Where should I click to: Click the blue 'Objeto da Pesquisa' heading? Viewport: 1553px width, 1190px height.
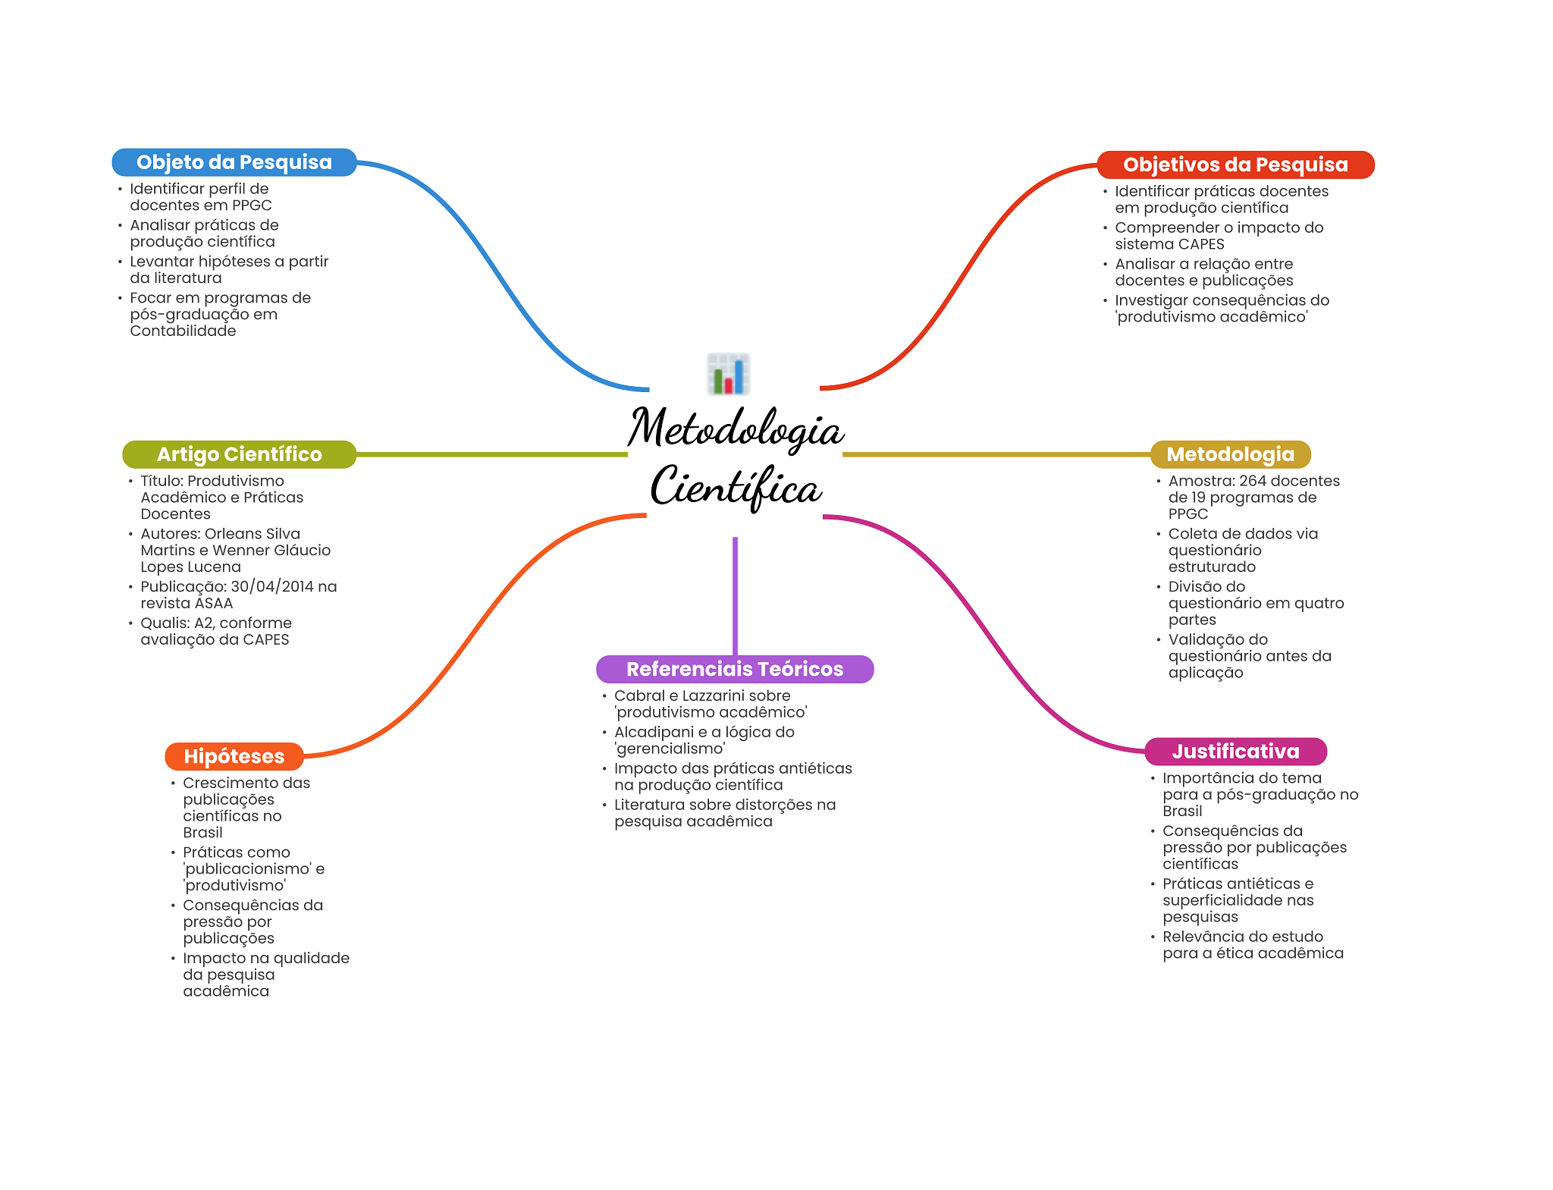click(x=234, y=162)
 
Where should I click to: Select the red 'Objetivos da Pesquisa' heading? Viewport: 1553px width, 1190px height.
click(x=1235, y=165)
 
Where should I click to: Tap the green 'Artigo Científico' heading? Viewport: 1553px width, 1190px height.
click(x=239, y=454)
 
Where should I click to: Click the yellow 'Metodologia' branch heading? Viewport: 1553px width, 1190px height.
click(x=1230, y=454)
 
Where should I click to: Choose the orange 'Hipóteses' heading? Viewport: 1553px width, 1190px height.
click(x=234, y=756)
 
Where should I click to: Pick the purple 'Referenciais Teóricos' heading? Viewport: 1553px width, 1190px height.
click(x=734, y=669)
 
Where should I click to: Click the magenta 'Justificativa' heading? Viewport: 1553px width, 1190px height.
click(x=1235, y=752)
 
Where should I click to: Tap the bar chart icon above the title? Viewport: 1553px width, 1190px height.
click(x=728, y=374)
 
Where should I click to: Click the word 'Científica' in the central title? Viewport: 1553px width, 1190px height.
click(x=736, y=487)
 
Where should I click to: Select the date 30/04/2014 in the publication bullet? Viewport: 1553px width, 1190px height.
click(x=272, y=586)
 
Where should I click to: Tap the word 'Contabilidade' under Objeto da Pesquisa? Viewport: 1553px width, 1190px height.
click(x=183, y=331)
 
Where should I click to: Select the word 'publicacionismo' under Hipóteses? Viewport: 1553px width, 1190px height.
click(x=247, y=868)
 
